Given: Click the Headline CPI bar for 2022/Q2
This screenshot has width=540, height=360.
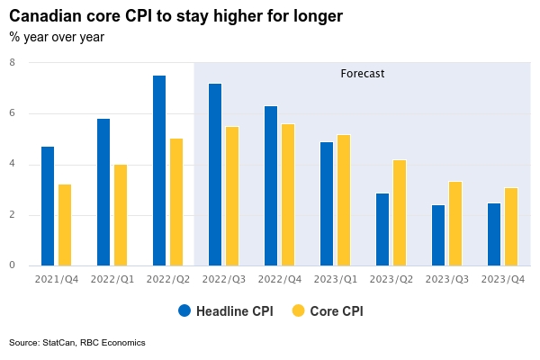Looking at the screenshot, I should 159,170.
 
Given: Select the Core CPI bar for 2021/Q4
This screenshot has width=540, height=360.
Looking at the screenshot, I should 65,225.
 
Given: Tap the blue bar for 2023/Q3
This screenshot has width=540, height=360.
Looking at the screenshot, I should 438,235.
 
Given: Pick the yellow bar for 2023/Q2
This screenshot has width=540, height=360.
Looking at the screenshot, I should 400,212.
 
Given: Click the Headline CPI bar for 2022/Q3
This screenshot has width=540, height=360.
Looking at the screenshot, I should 215,175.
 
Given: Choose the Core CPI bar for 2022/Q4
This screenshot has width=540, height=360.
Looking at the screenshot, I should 288,194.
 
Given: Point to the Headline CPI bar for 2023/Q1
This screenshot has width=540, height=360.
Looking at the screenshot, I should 327,203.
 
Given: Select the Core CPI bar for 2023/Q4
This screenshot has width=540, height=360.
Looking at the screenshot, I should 511,227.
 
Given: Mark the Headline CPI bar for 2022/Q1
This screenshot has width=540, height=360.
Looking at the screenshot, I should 103,192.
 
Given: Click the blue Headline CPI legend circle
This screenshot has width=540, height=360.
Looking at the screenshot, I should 185,310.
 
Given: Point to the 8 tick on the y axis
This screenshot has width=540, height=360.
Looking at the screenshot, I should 12,63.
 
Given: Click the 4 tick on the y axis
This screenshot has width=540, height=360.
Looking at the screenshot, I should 12,165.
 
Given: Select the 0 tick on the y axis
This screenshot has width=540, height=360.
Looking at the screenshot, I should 12,265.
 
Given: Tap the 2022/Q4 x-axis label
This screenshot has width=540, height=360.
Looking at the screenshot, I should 280,279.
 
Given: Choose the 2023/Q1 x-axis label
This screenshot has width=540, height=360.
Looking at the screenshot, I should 336,279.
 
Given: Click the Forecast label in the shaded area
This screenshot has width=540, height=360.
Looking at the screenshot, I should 363,74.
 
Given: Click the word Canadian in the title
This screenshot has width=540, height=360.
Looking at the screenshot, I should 44,16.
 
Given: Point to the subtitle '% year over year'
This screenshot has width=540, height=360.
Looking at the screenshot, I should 57,37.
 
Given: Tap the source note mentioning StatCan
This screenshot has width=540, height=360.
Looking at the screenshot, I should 76,343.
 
